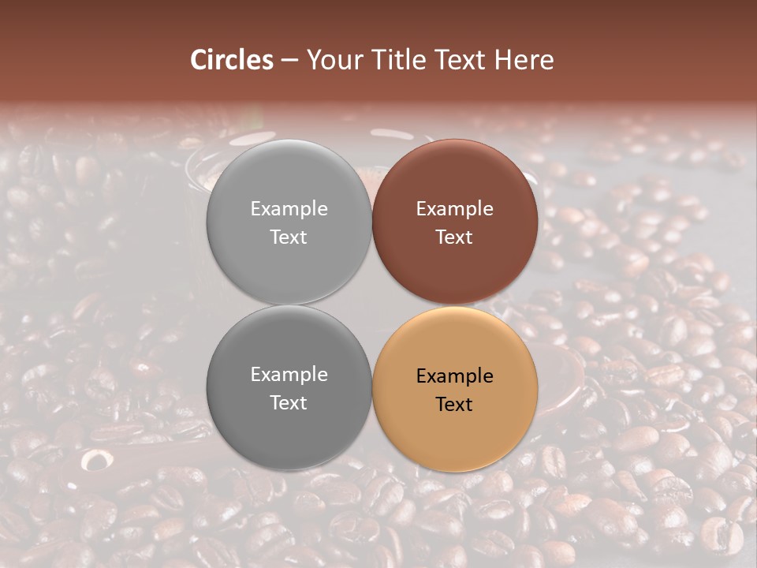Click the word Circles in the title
[232, 60]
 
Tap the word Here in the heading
[524, 60]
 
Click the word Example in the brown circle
[455, 209]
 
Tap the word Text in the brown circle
[455, 237]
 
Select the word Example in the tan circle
[455, 376]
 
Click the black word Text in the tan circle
[455, 404]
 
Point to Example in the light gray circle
[289, 209]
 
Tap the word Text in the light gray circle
[289, 237]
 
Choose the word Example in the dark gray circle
[289, 375]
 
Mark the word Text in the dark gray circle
[289, 402]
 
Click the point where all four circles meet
[372, 305]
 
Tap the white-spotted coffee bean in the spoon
[95, 460]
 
